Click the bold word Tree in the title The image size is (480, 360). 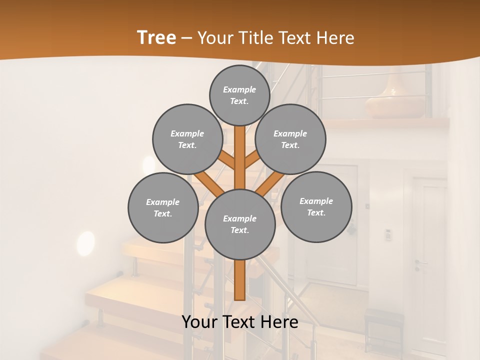point(156,38)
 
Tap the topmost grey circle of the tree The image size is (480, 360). point(239,95)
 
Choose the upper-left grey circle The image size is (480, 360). point(187,139)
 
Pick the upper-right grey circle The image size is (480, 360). point(290,139)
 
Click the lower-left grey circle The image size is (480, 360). point(162,207)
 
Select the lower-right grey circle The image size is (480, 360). point(316,206)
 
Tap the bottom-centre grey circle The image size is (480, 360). point(240,224)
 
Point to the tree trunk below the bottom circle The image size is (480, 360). point(240,280)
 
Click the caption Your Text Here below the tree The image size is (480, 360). point(240,322)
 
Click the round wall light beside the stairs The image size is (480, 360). point(85,243)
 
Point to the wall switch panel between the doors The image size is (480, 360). point(387,234)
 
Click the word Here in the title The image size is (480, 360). point(336,38)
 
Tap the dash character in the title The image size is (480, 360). point(186,38)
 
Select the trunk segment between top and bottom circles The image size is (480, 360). point(240,157)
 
